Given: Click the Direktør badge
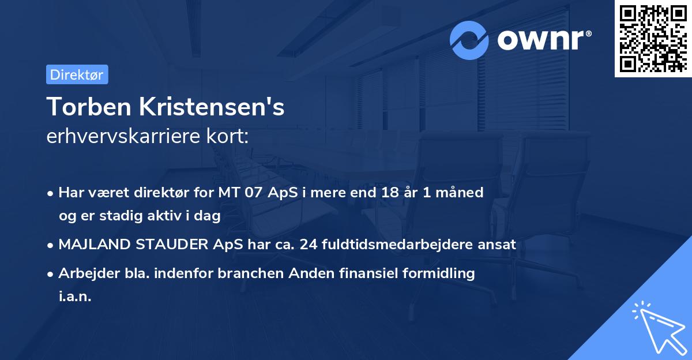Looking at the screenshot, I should pyautogui.click(x=77, y=74).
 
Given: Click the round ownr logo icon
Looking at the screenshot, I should pyautogui.click(x=469, y=40).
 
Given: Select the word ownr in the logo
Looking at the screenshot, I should pyautogui.click(x=541, y=40).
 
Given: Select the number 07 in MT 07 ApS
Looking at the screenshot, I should pyautogui.click(x=254, y=192).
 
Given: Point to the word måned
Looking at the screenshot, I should pyautogui.click(x=461, y=192).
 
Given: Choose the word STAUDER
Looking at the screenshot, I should pyautogui.click(x=170, y=245).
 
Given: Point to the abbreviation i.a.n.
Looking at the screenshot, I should pyautogui.click(x=75, y=297).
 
